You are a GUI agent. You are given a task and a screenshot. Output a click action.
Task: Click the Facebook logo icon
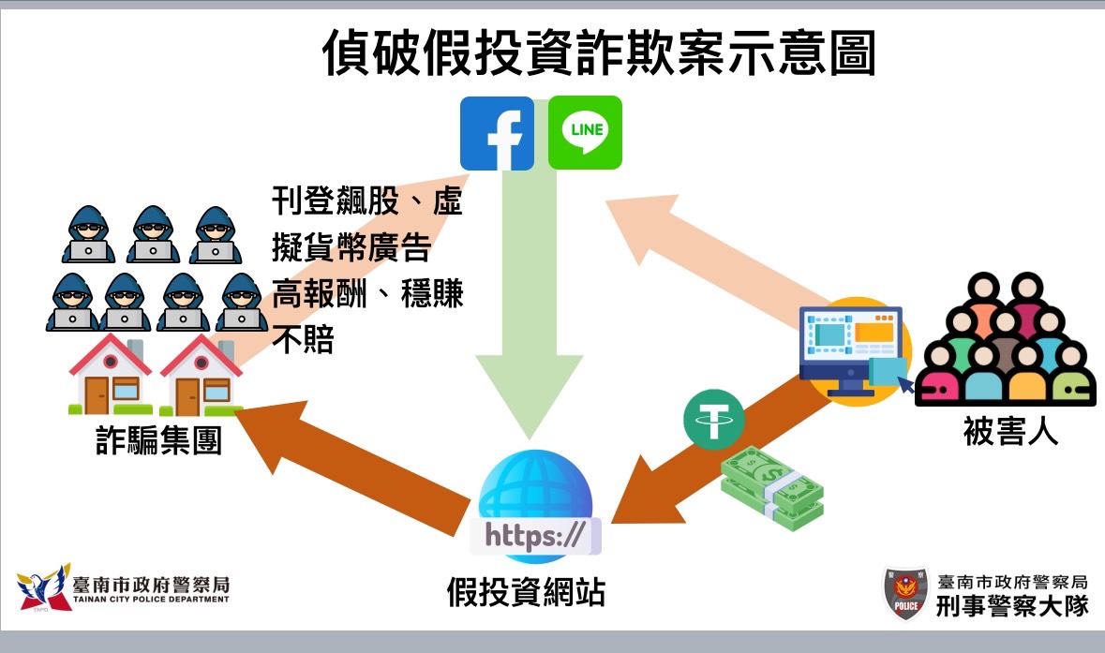(x=497, y=132)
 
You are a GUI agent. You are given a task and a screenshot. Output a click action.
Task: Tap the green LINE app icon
(x=585, y=132)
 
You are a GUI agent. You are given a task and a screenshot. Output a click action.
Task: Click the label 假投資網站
(x=526, y=591)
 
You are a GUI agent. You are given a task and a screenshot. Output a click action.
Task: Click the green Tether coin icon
(x=713, y=418)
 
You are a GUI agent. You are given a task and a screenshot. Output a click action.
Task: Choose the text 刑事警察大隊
(x=1012, y=605)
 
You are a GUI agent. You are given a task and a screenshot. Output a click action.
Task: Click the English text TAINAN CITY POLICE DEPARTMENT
(x=151, y=600)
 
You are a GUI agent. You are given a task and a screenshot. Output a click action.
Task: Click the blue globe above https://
(x=535, y=487)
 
